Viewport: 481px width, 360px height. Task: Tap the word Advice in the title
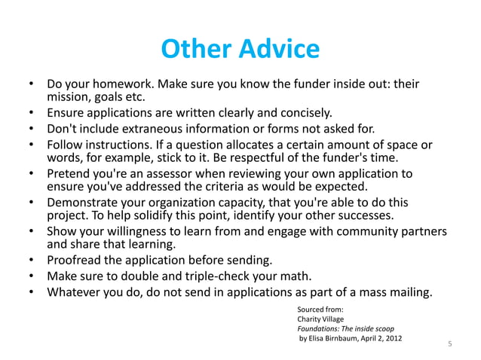click(x=277, y=50)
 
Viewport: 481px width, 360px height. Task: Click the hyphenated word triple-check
click(x=229, y=276)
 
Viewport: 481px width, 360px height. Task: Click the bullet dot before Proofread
click(x=31, y=261)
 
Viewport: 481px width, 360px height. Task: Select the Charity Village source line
click(x=320, y=319)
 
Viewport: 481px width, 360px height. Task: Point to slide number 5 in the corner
click(x=450, y=345)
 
